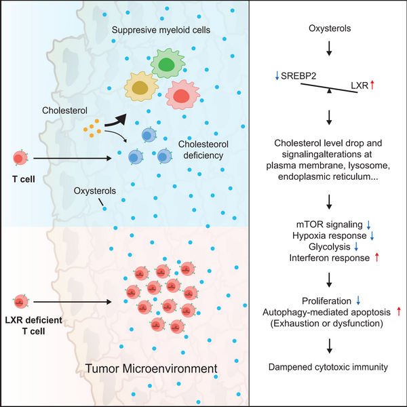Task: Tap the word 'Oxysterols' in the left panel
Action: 99,192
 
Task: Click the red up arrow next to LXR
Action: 374,85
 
